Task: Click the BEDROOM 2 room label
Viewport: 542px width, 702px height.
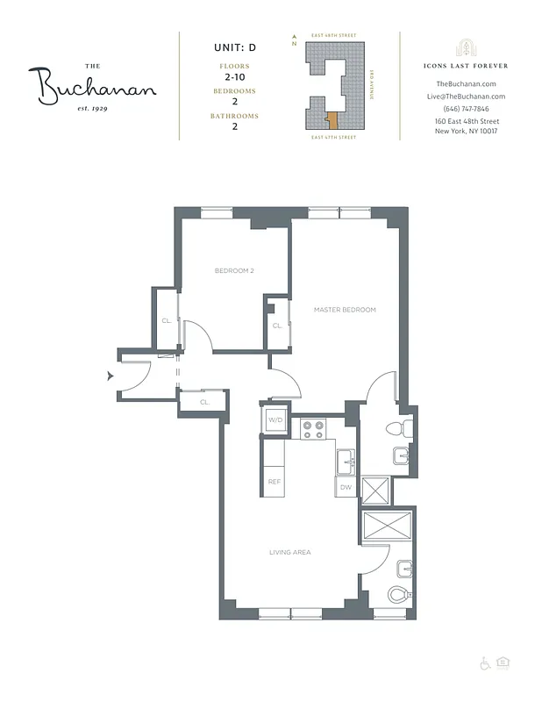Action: click(234, 270)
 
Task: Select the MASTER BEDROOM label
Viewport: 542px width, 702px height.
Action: click(345, 310)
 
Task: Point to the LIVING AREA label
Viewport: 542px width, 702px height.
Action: click(289, 552)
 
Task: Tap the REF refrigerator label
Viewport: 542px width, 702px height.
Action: click(274, 482)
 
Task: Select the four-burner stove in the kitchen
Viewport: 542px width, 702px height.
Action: click(313, 429)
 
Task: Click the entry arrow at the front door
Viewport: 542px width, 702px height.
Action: click(110, 376)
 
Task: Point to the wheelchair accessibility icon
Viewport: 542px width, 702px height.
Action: click(484, 663)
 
